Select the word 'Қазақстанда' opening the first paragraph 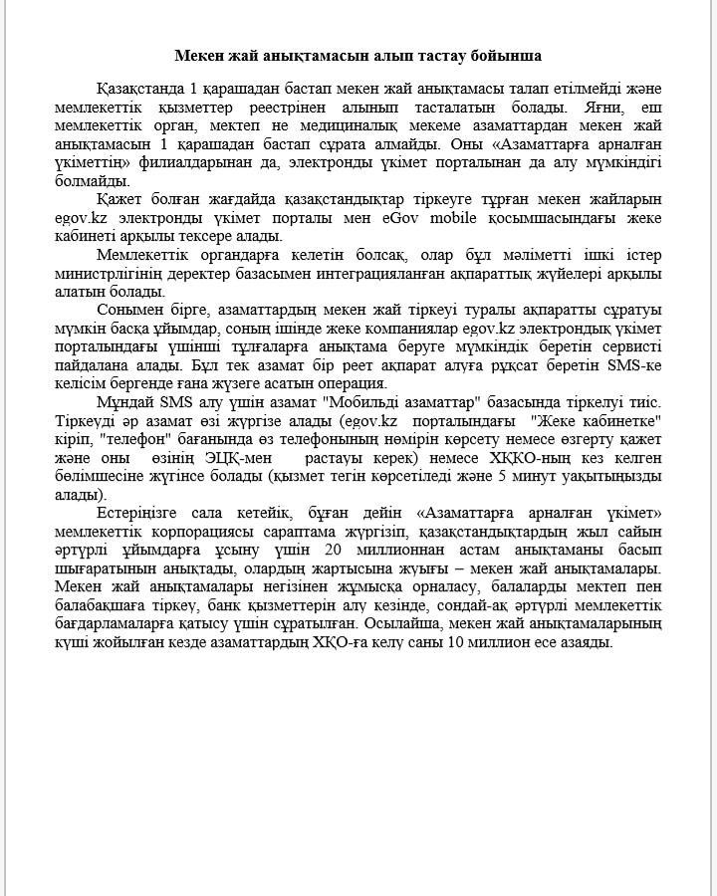(x=140, y=89)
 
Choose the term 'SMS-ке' (x=634, y=366)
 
